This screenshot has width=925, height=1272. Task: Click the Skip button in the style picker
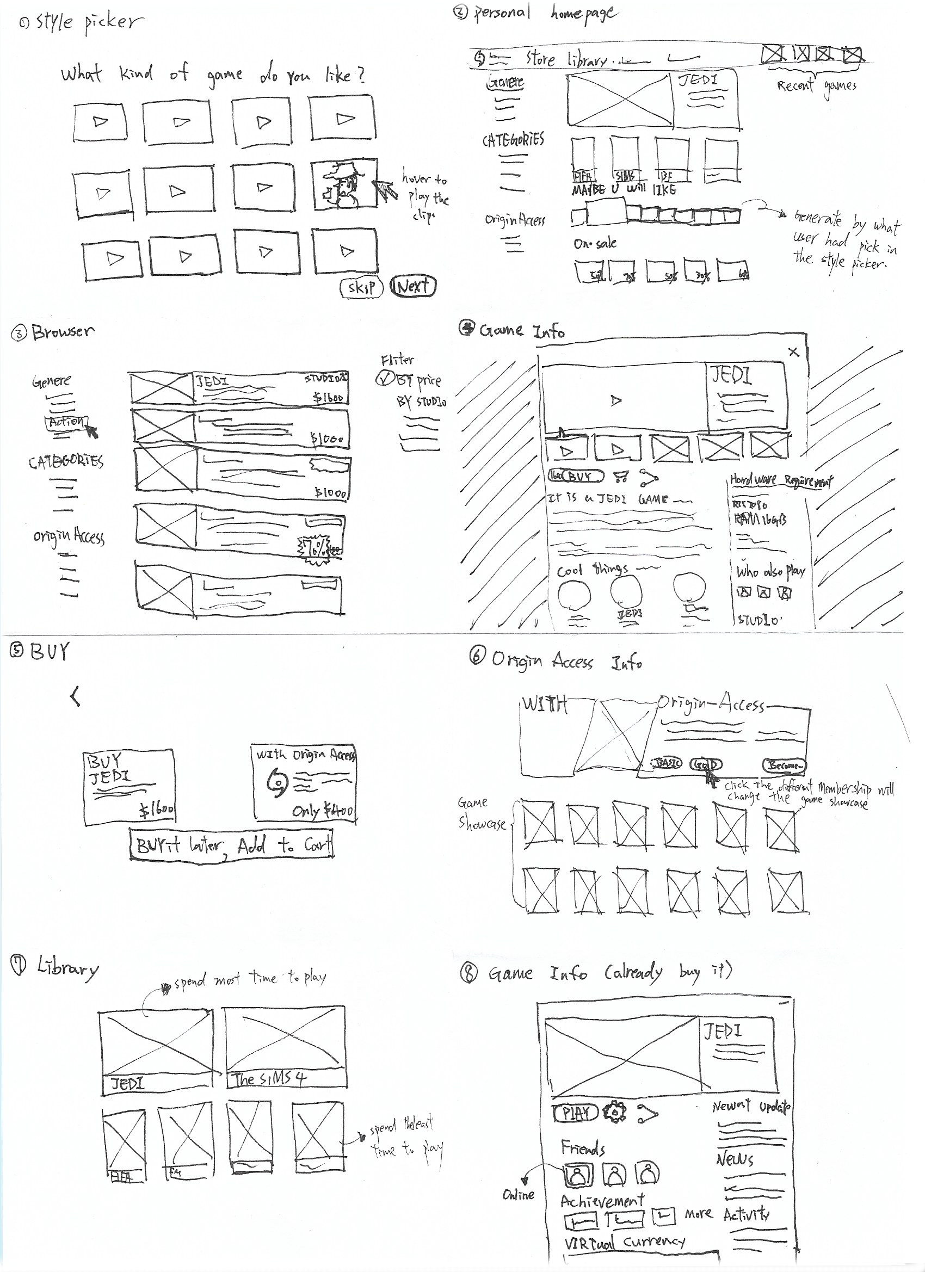point(361,288)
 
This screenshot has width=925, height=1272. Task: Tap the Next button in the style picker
point(413,287)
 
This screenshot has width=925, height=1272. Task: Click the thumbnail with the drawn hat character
point(343,184)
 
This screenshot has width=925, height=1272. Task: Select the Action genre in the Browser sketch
point(66,422)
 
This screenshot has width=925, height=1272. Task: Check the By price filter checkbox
point(384,380)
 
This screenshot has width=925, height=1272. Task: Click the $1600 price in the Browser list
point(328,398)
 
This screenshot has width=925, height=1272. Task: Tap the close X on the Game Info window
point(793,352)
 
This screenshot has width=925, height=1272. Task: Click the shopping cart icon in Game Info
point(620,477)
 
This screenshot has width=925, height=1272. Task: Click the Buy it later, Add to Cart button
point(231,844)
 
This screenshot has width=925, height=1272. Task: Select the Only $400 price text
point(323,811)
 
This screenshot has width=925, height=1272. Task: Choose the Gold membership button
point(706,764)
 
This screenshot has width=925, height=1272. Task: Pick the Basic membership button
point(667,763)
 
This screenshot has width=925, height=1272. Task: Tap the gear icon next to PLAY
point(615,1112)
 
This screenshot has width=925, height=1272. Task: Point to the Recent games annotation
point(816,86)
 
